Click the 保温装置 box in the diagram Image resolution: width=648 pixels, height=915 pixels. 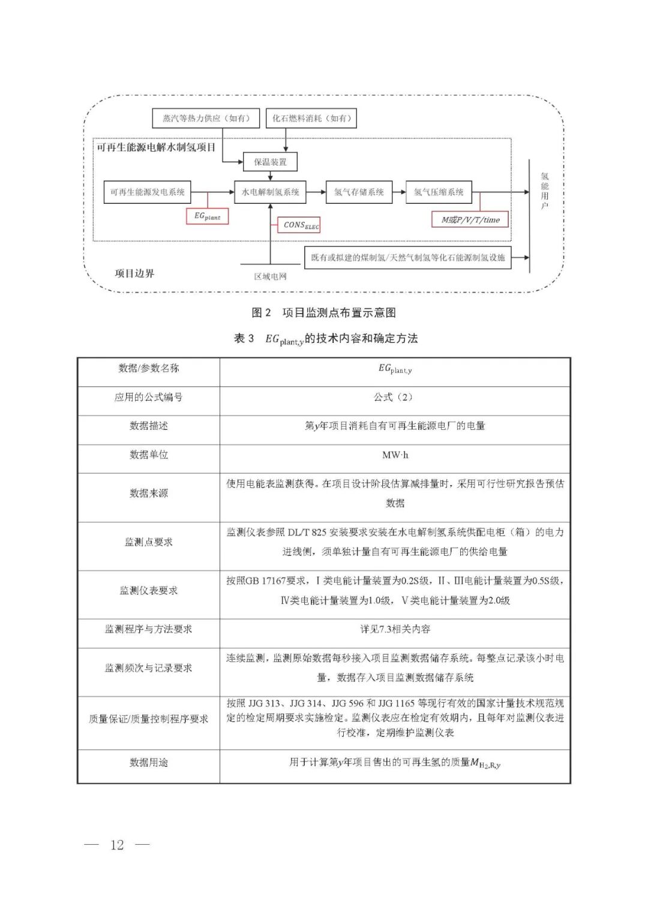[x=270, y=162]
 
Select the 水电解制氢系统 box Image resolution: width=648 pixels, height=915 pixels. [x=270, y=192]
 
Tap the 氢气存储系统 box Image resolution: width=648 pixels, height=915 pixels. [x=359, y=192]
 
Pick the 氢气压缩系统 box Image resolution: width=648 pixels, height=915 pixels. [x=439, y=192]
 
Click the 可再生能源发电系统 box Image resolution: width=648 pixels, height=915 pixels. [x=148, y=192]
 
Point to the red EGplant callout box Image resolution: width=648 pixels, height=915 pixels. [x=207, y=216]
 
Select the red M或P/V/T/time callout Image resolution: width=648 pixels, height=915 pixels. [x=470, y=219]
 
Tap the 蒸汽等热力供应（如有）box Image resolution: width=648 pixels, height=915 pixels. [x=206, y=118]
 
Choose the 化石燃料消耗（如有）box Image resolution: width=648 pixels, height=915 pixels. [x=311, y=118]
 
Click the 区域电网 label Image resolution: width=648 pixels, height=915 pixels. [x=270, y=276]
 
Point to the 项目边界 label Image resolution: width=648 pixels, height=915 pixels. [x=134, y=273]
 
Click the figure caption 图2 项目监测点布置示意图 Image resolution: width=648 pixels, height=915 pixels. [x=323, y=312]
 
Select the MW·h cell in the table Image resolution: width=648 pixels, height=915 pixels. [x=395, y=455]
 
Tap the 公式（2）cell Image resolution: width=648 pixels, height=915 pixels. [x=395, y=397]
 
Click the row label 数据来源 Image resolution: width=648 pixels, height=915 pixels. [x=149, y=493]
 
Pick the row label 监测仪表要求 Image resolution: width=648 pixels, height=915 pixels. [x=149, y=591]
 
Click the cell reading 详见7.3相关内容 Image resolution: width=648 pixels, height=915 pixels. [x=395, y=629]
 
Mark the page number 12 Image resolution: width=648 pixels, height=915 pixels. [x=117, y=845]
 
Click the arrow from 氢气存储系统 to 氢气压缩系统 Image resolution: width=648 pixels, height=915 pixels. [x=399, y=192]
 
